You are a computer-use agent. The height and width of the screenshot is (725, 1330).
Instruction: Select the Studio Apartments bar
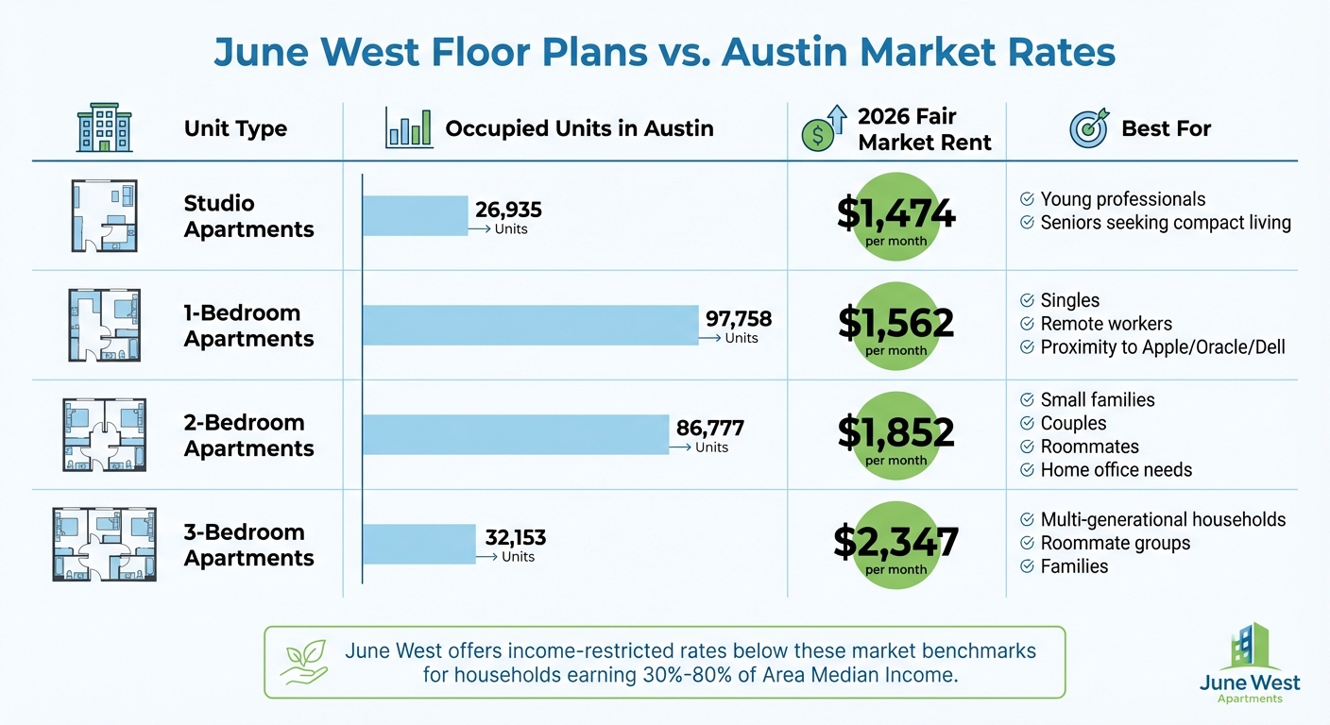[416, 215]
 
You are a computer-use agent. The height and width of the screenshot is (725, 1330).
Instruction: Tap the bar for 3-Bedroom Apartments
[419, 544]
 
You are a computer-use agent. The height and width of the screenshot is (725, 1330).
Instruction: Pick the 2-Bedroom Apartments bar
[516, 434]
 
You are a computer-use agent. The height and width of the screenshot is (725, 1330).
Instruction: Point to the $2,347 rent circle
[895, 544]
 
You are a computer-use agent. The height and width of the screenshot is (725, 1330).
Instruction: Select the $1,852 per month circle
[895, 434]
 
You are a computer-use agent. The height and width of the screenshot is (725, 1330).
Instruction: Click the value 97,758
[739, 319]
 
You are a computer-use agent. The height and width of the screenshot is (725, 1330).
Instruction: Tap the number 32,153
[515, 538]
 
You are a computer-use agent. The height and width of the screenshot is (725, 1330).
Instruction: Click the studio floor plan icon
[104, 215]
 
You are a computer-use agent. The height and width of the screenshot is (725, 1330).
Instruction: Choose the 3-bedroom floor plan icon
[104, 544]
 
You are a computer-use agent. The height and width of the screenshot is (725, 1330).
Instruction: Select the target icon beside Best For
[1088, 129]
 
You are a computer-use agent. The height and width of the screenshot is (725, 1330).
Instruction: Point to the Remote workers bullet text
[1106, 324]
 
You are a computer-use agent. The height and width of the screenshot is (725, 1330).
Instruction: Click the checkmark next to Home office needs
[1026, 470]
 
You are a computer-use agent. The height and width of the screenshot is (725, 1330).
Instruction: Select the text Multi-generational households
[1163, 519]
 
